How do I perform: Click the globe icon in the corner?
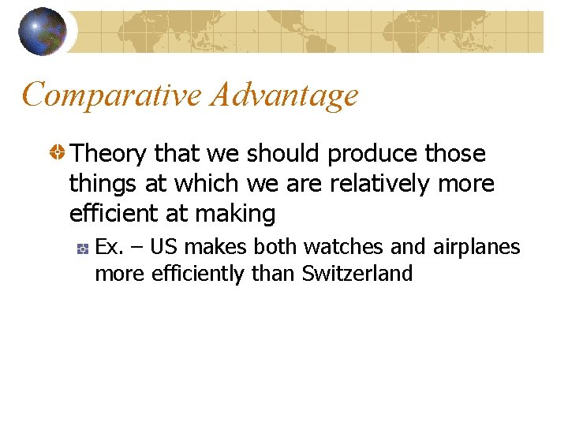(43, 32)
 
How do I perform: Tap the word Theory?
(110, 154)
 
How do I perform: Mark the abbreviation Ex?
(109, 248)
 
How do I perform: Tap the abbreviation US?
(163, 248)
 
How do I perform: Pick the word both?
(277, 248)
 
